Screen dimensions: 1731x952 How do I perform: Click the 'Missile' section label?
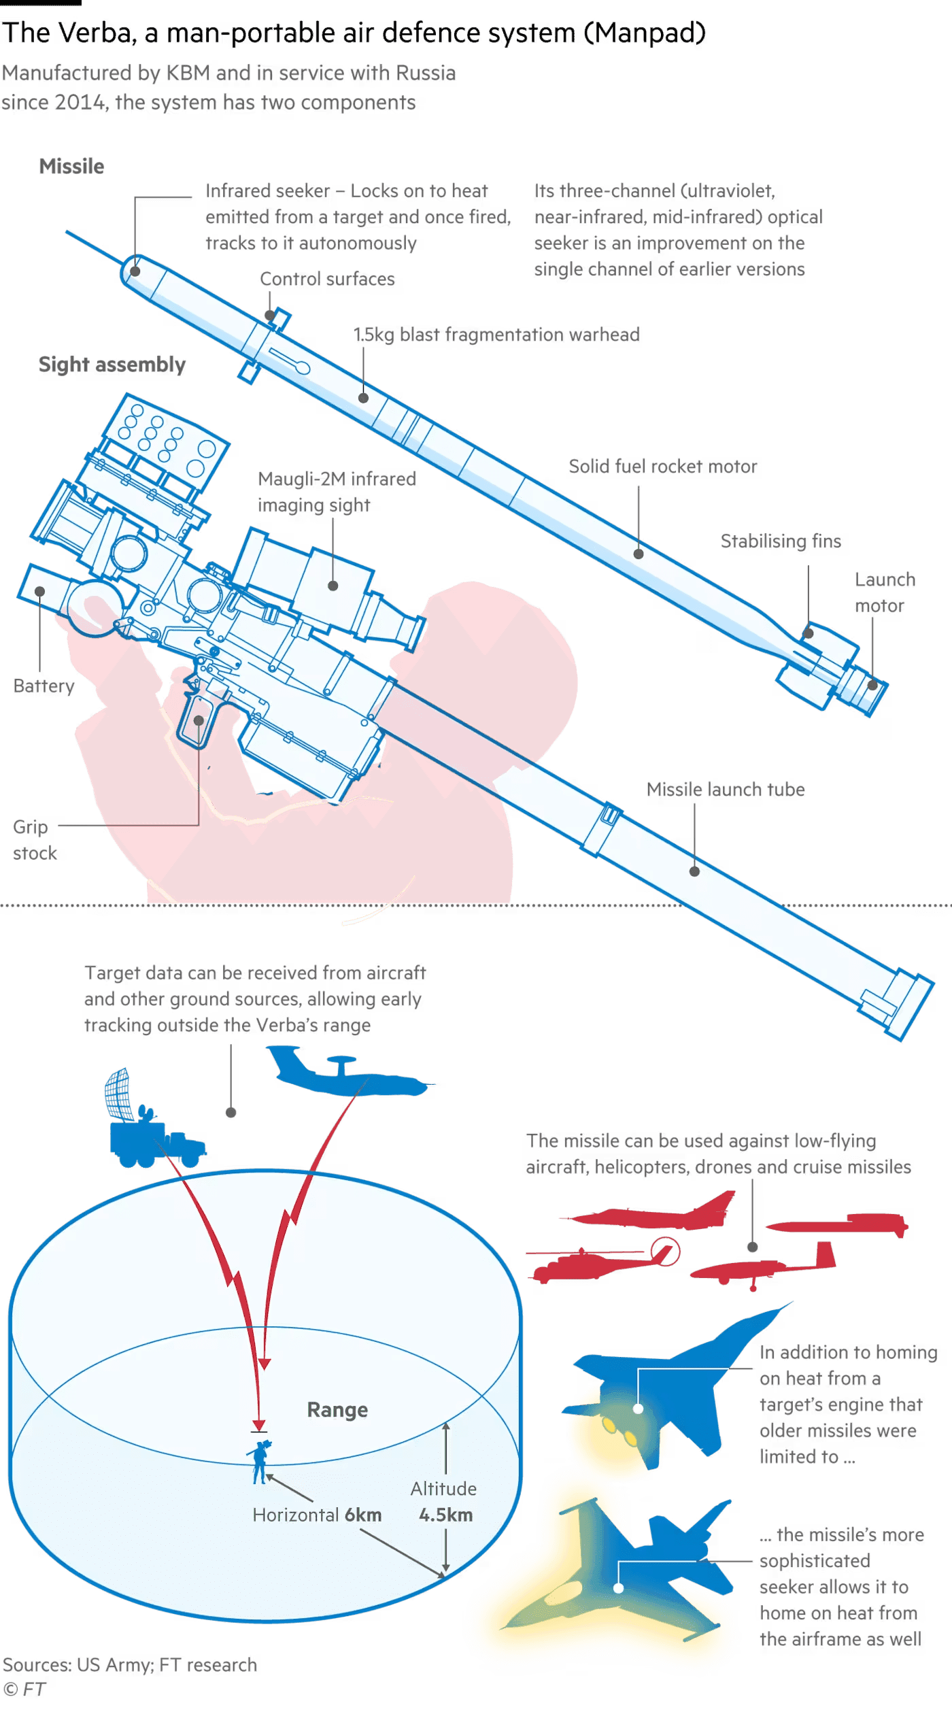(x=71, y=166)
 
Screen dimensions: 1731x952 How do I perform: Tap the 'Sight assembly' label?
(x=112, y=365)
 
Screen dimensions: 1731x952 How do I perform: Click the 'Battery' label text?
(x=44, y=686)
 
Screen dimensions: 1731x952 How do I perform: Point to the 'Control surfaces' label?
(x=328, y=280)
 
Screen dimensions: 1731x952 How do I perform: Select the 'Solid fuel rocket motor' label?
(x=663, y=467)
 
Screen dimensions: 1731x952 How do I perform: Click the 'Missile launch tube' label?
(x=726, y=790)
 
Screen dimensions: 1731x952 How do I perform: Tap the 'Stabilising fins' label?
(x=781, y=541)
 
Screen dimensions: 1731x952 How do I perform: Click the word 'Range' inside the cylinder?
(x=337, y=1410)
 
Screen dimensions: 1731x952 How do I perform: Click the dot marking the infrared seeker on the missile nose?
(x=135, y=271)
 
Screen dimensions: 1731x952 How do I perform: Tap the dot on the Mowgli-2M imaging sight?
(x=333, y=585)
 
